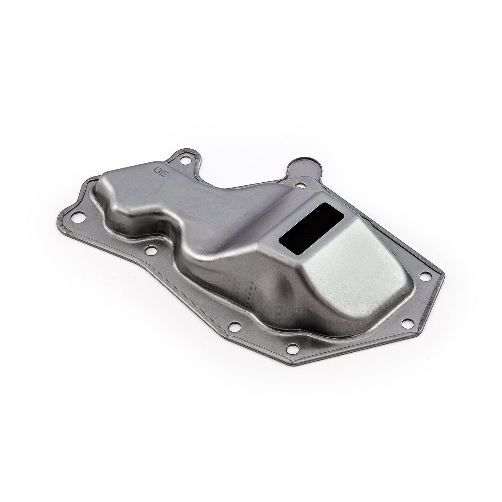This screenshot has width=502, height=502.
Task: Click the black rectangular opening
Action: tap(312, 227)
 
